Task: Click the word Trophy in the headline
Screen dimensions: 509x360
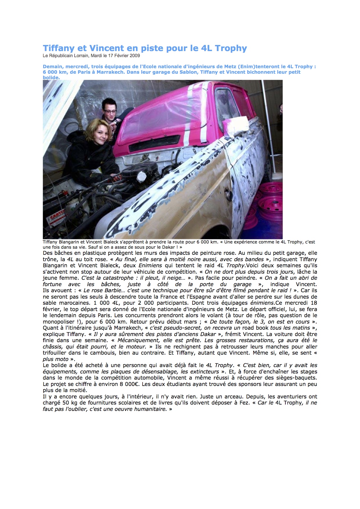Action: (x=231, y=48)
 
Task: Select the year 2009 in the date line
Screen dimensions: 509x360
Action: (x=135, y=56)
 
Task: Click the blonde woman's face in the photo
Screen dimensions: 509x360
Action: (x=101, y=135)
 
